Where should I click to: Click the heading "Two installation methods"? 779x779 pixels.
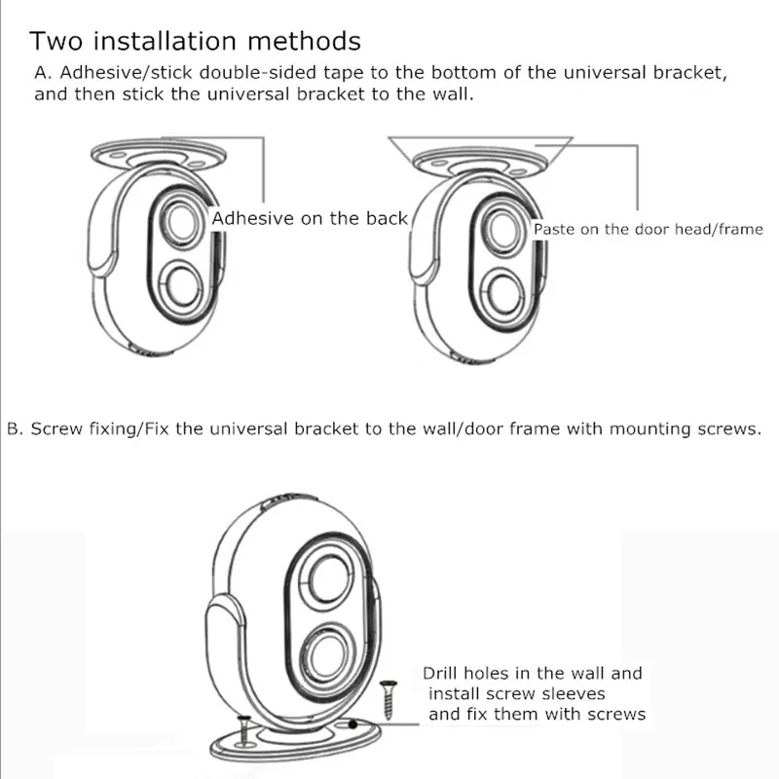[x=195, y=42]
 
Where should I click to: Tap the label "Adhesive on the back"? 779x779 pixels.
[x=310, y=218]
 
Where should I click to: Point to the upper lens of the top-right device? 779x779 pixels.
[x=503, y=231]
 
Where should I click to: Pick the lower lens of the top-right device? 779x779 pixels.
[x=506, y=292]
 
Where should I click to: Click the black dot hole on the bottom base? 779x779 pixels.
[x=352, y=725]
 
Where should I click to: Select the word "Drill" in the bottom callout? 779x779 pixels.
[x=441, y=673]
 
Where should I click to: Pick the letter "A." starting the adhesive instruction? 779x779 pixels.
[x=42, y=73]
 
